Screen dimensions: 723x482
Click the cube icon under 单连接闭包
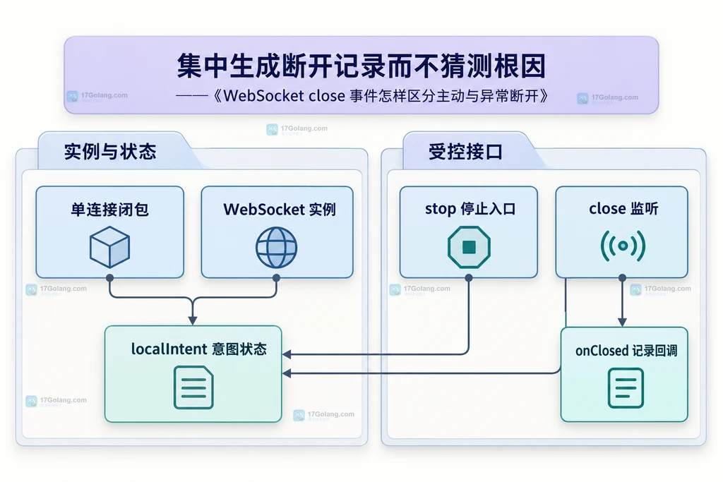click(x=109, y=247)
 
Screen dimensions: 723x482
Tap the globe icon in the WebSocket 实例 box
click(x=276, y=248)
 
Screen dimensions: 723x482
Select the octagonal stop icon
click(x=469, y=247)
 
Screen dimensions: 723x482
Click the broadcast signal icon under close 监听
click(x=623, y=246)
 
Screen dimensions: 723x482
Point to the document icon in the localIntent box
click(x=193, y=387)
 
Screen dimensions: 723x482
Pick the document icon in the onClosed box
click(x=626, y=388)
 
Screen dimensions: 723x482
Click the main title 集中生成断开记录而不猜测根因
click(x=361, y=66)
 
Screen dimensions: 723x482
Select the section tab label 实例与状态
click(x=110, y=152)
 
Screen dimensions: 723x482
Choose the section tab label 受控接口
click(x=465, y=152)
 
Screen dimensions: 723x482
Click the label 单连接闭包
click(x=109, y=210)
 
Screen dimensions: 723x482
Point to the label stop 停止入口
click(x=470, y=209)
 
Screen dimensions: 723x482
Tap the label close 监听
click(x=623, y=209)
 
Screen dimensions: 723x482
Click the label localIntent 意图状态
click(x=198, y=349)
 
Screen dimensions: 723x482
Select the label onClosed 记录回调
click(x=626, y=351)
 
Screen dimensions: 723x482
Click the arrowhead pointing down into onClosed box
click(x=622, y=322)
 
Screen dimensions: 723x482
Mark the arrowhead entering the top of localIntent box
click(x=193, y=320)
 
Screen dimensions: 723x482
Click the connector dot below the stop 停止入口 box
click(x=469, y=278)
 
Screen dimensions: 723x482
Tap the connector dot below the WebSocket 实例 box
click(x=276, y=278)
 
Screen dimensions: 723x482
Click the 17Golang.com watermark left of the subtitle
click(x=97, y=96)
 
